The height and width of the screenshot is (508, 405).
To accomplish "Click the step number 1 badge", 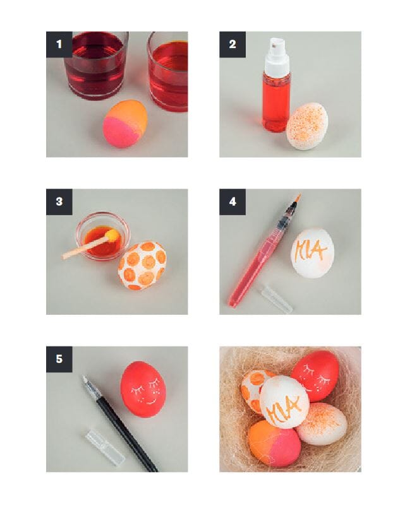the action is pyautogui.click(x=59, y=44).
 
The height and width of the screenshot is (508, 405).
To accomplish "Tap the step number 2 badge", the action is pyautogui.click(x=232, y=44).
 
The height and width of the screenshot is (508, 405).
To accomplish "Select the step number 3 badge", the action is pyautogui.click(x=59, y=202).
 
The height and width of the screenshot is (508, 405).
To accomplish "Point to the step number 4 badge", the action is pyautogui.click(x=232, y=202).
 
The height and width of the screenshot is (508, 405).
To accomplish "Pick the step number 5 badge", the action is pyautogui.click(x=59, y=359).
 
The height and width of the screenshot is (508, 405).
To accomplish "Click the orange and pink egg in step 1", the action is pyautogui.click(x=125, y=124).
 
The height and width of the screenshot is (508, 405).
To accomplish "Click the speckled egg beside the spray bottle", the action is pyautogui.click(x=307, y=126).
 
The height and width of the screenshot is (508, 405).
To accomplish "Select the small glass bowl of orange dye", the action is pyautogui.click(x=103, y=236).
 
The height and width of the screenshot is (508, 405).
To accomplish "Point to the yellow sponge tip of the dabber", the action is pyautogui.click(x=112, y=235).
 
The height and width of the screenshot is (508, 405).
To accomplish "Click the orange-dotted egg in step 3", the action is pyautogui.click(x=142, y=266).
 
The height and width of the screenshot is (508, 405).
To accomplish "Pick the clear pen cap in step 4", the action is pyautogui.click(x=275, y=298).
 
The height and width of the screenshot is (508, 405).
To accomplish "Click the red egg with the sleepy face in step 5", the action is pyautogui.click(x=143, y=389).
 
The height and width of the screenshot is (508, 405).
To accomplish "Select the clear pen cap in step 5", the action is pyautogui.click(x=105, y=447).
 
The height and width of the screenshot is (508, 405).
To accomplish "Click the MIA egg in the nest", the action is pyautogui.click(x=284, y=402).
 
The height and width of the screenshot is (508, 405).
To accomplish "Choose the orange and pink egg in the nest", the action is pyautogui.click(x=274, y=444).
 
